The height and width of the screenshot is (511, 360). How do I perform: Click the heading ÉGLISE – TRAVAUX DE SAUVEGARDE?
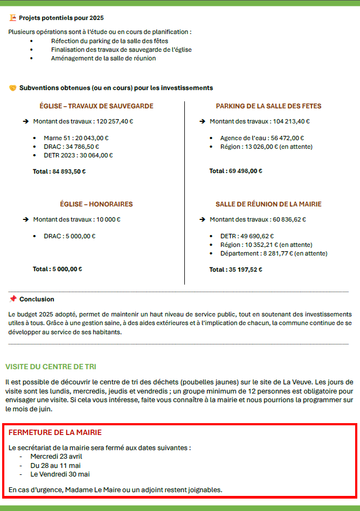pos(96,106)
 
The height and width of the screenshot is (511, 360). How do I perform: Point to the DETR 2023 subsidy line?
pos(78,155)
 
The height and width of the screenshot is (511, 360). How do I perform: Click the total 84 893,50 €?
pos(59,172)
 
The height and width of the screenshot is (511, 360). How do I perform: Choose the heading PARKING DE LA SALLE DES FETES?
pos(268,106)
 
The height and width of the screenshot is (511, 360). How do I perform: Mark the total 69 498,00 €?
pos(236,171)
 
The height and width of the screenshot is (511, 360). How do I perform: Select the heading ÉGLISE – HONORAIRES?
pos(96,204)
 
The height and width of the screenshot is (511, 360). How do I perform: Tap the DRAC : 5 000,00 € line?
pos(70,236)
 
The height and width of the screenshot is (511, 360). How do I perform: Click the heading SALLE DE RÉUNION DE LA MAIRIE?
pos(268,204)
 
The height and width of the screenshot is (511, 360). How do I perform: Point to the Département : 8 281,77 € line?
pos(273,253)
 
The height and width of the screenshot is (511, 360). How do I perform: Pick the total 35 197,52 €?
pos(236,270)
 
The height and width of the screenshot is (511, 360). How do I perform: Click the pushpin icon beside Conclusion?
pos(13,299)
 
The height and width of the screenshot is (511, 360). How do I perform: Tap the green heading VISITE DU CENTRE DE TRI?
pos(51,367)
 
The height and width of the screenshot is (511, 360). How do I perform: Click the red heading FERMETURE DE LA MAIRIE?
pos(55,432)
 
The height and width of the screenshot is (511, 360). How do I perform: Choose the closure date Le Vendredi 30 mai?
pos(60,474)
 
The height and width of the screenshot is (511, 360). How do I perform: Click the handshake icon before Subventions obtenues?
pos(13,88)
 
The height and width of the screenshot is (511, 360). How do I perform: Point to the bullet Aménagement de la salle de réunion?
pos(103,58)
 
